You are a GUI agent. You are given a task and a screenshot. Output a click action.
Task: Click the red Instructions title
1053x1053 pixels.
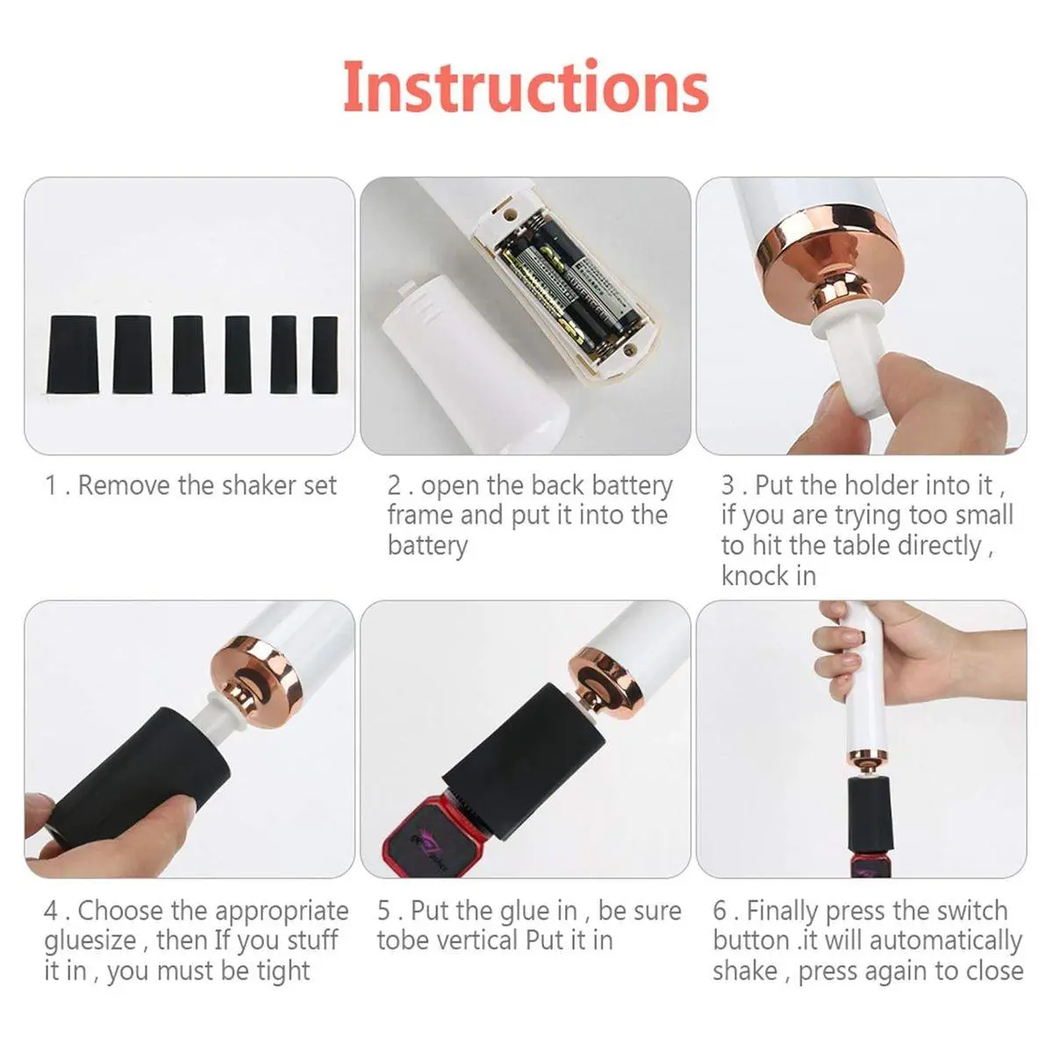pos(526,86)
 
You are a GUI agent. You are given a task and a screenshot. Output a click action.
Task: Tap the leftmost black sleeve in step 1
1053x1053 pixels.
pos(73,355)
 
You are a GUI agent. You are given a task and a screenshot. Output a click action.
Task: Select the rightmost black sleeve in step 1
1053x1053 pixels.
pos(325,355)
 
